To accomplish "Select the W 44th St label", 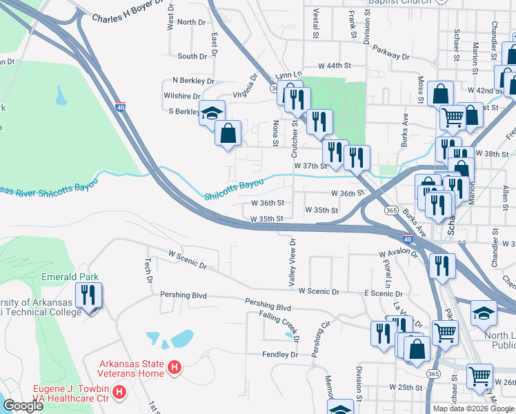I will [x=335, y=65].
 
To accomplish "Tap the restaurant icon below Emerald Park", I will [x=89, y=296].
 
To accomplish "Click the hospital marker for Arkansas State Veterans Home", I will [x=175, y=369].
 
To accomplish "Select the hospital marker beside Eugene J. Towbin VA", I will [x=119, y=393].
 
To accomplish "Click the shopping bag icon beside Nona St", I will [x=228, y=132].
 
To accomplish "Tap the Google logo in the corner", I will [x=23, y=406].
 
